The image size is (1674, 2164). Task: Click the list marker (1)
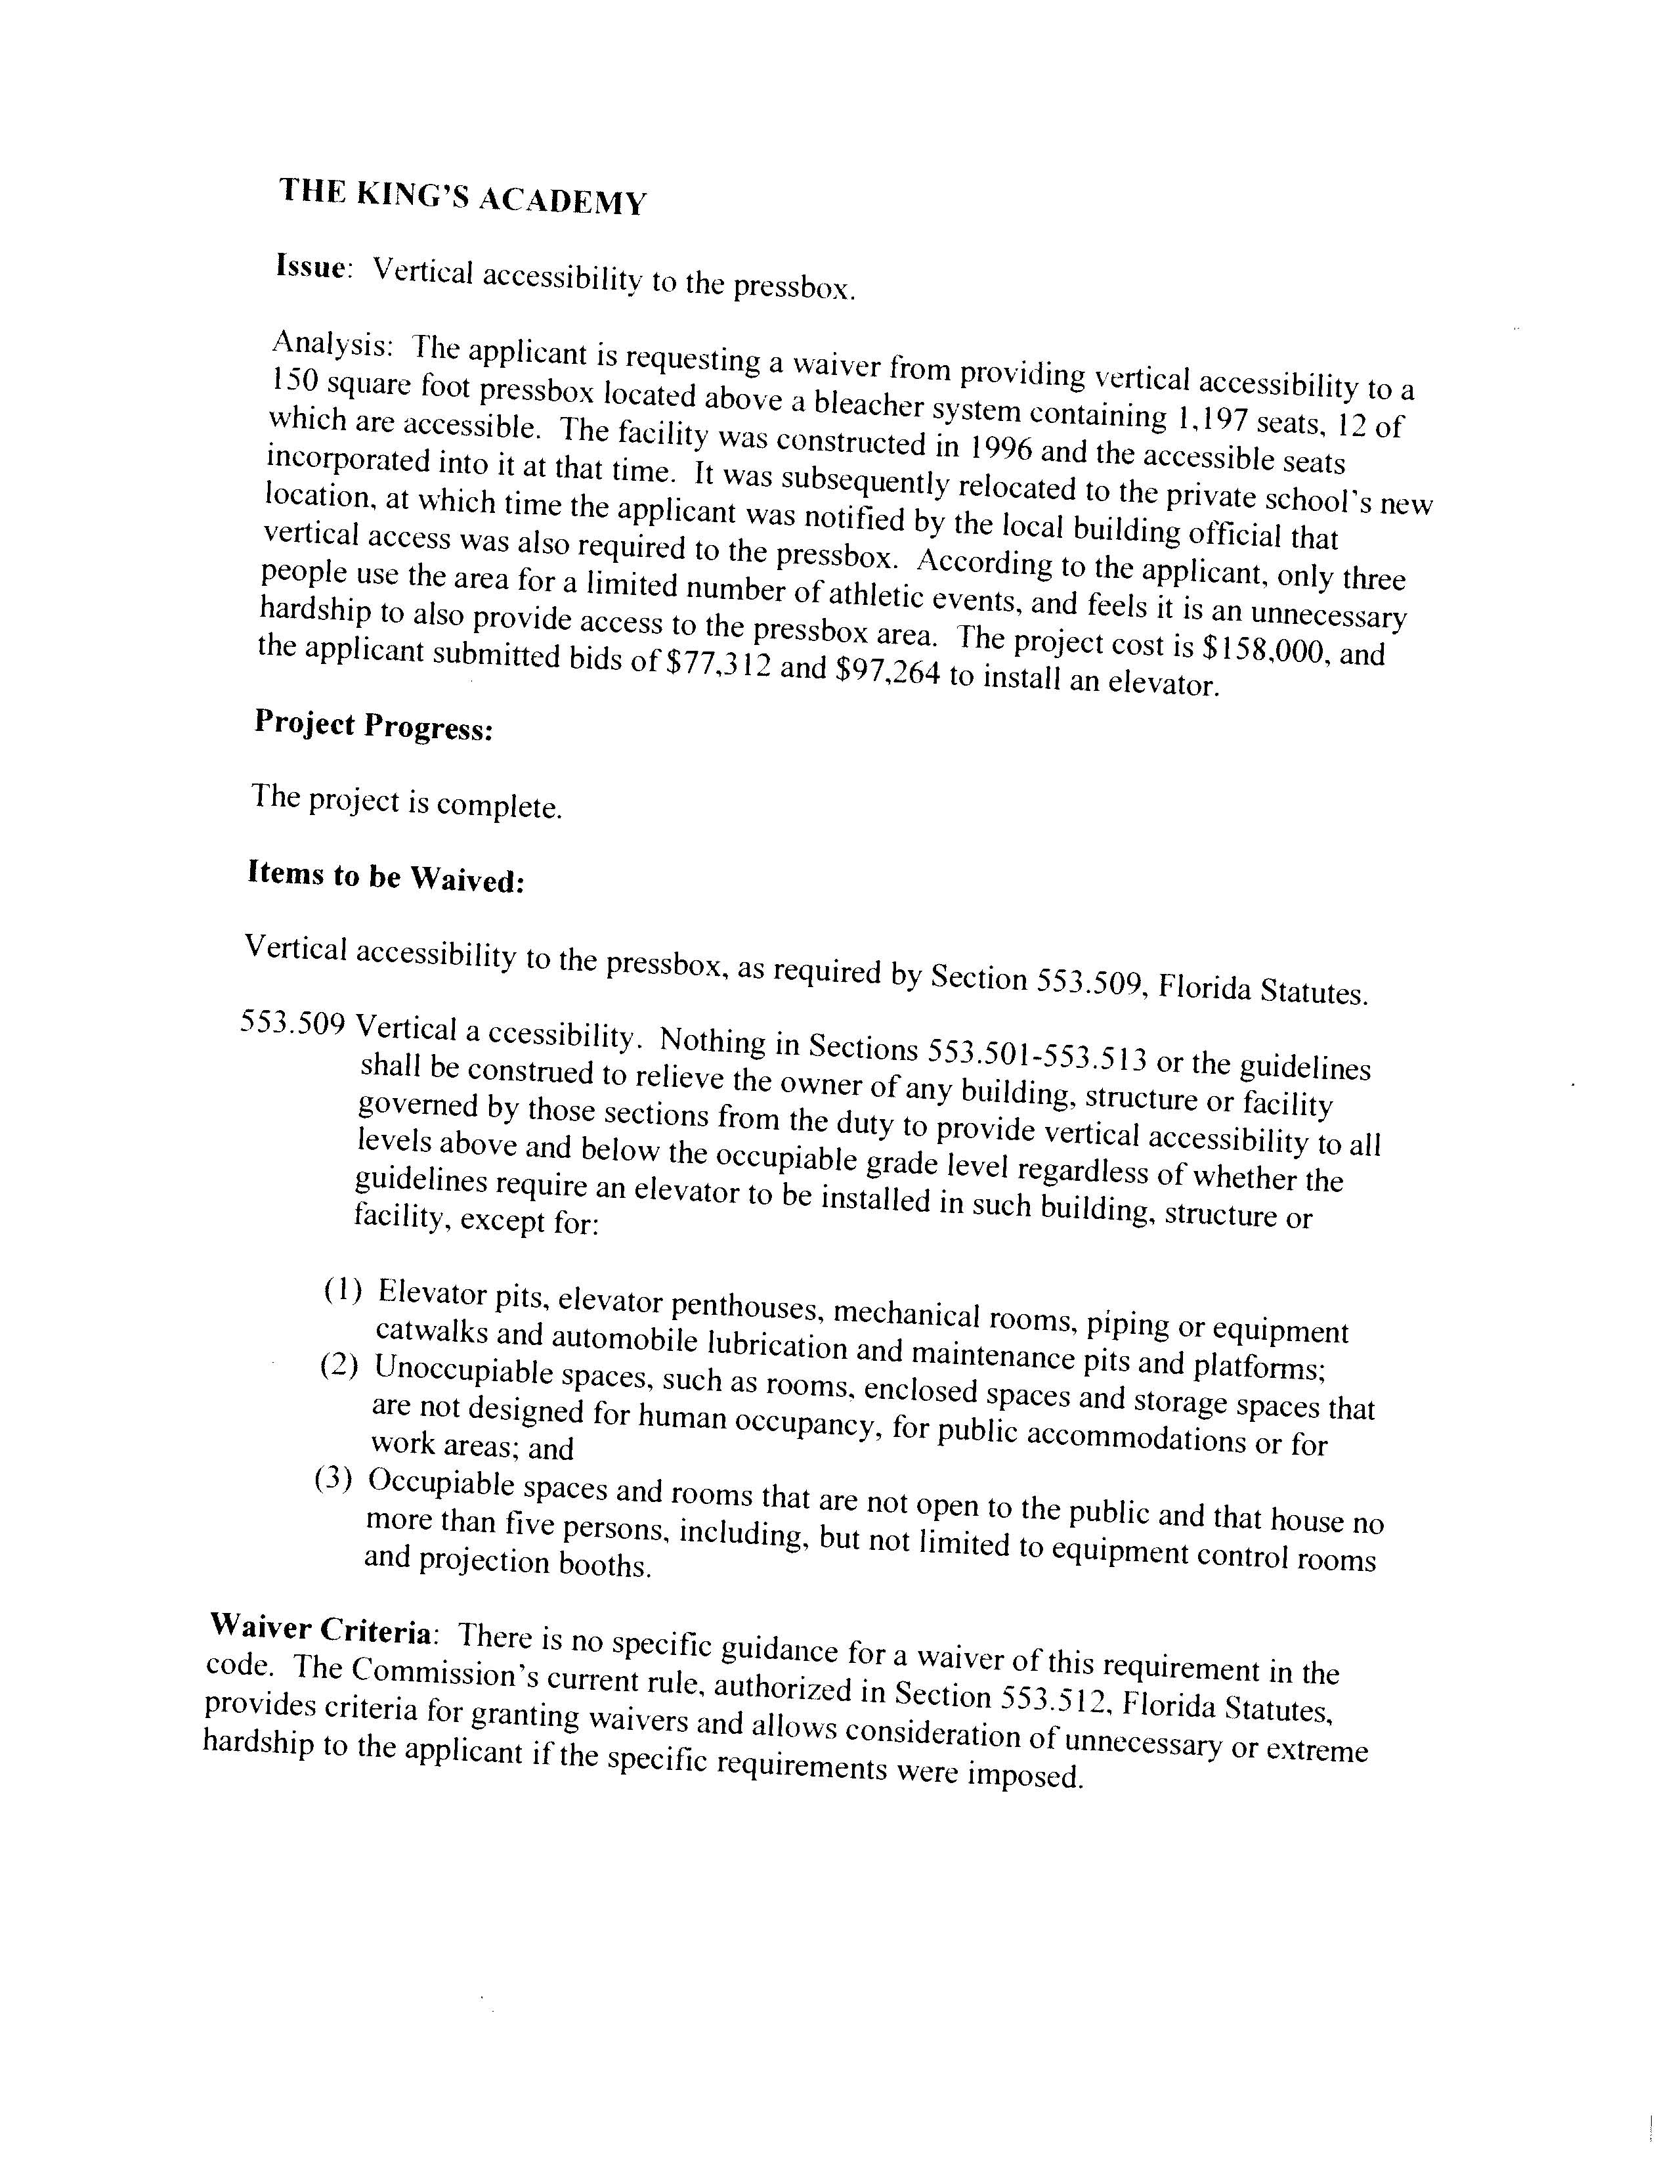click(342, 1290)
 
